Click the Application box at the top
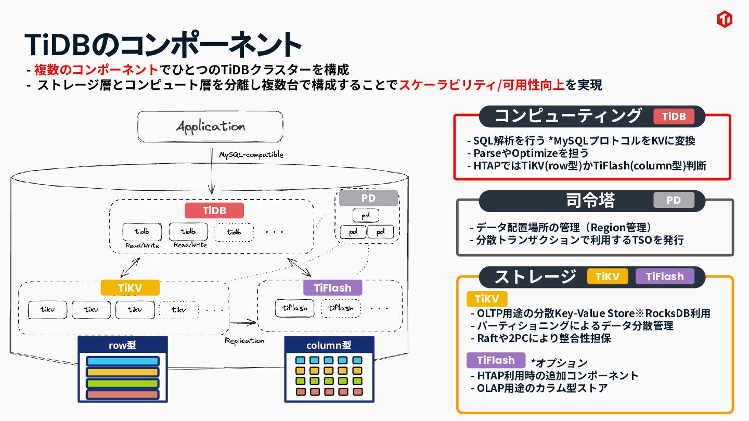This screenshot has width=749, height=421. pos(210,127)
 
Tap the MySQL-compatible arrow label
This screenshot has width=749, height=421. pos(251,155)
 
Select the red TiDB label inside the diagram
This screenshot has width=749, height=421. pos(214,210)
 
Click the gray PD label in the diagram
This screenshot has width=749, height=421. pos(368,198)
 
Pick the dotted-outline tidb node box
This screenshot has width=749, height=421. pos(234,232)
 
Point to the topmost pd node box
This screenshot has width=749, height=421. pos(366,215)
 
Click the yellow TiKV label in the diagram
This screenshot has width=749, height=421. pos(130,287)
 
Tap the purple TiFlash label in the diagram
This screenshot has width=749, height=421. pos(333,287)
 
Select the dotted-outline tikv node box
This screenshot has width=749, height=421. pos(179,310)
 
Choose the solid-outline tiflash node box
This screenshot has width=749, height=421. pos(294,308)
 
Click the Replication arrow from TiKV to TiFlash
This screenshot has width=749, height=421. pos(243,322)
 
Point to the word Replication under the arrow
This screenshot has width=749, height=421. pos(244,340)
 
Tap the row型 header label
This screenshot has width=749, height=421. pos(122,345)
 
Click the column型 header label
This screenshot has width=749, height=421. pos(329,345)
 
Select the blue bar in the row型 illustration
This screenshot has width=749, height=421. pos(123,361)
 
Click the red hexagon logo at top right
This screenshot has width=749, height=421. pos(725,19)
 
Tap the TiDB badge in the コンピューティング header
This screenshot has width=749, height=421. pos(674,116)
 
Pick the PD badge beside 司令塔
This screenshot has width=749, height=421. pos(674,200)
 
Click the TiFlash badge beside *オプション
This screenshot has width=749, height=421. pos(496,360)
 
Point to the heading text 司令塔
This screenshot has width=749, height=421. pos(590,201)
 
